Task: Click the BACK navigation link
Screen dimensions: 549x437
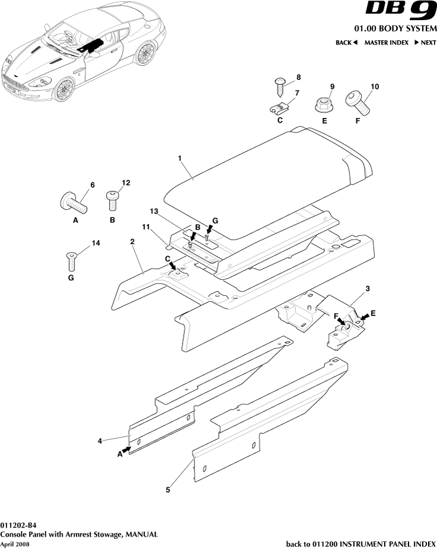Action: coord(346,43)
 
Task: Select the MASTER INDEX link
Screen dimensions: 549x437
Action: coord(386,43)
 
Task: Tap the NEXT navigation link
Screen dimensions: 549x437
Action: coord(425,43)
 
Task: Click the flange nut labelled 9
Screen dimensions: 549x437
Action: coord(323,106)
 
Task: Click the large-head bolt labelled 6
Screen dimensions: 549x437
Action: coord(74,203)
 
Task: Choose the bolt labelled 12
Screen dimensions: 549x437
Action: coord(112,200)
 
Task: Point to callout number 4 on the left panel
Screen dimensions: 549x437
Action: coord(101,441)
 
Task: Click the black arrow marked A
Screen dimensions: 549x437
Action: coord(125,451)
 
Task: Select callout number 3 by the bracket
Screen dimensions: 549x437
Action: coord(368,288)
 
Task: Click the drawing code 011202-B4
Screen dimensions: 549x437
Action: coord(18,525)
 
